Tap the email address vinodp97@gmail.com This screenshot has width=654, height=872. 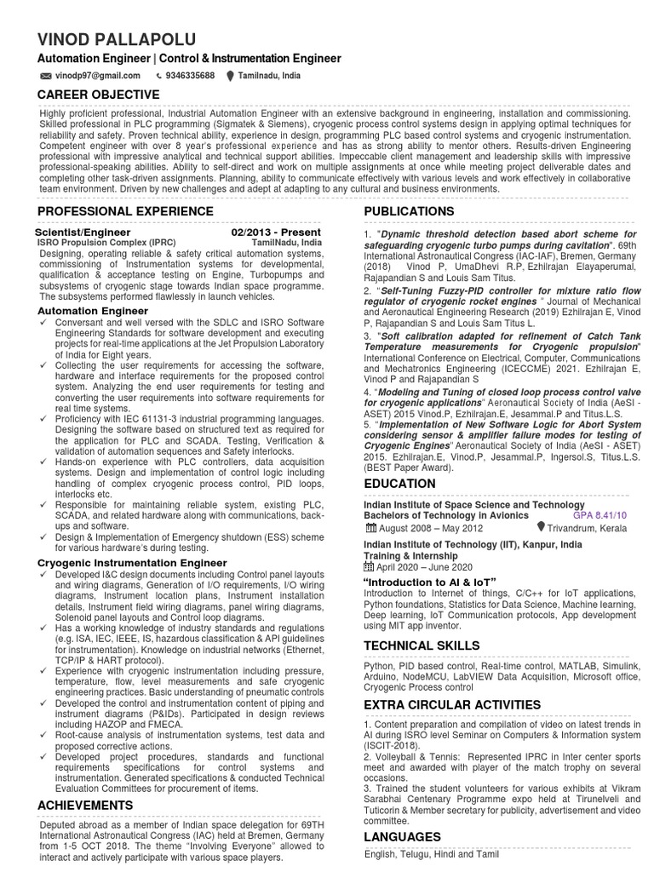point(97,76)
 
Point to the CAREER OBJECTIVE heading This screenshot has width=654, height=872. point(97,95)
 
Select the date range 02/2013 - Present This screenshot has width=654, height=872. point(275,232)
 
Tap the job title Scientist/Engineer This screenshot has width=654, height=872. point(83,232)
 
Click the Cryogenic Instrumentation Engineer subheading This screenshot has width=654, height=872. point(132,563)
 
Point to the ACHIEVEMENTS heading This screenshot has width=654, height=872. point(85,805)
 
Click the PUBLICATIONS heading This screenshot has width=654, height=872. point(409,211)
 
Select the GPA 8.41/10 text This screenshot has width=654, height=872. point(599,515)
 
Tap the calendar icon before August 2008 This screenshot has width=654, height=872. point(369,528)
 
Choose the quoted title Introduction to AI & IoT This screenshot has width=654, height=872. point(430,582)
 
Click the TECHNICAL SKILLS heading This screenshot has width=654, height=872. point(422,645)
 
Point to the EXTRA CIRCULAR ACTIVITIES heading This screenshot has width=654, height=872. point(452,705)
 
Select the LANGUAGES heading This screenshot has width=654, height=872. point(402,837)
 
